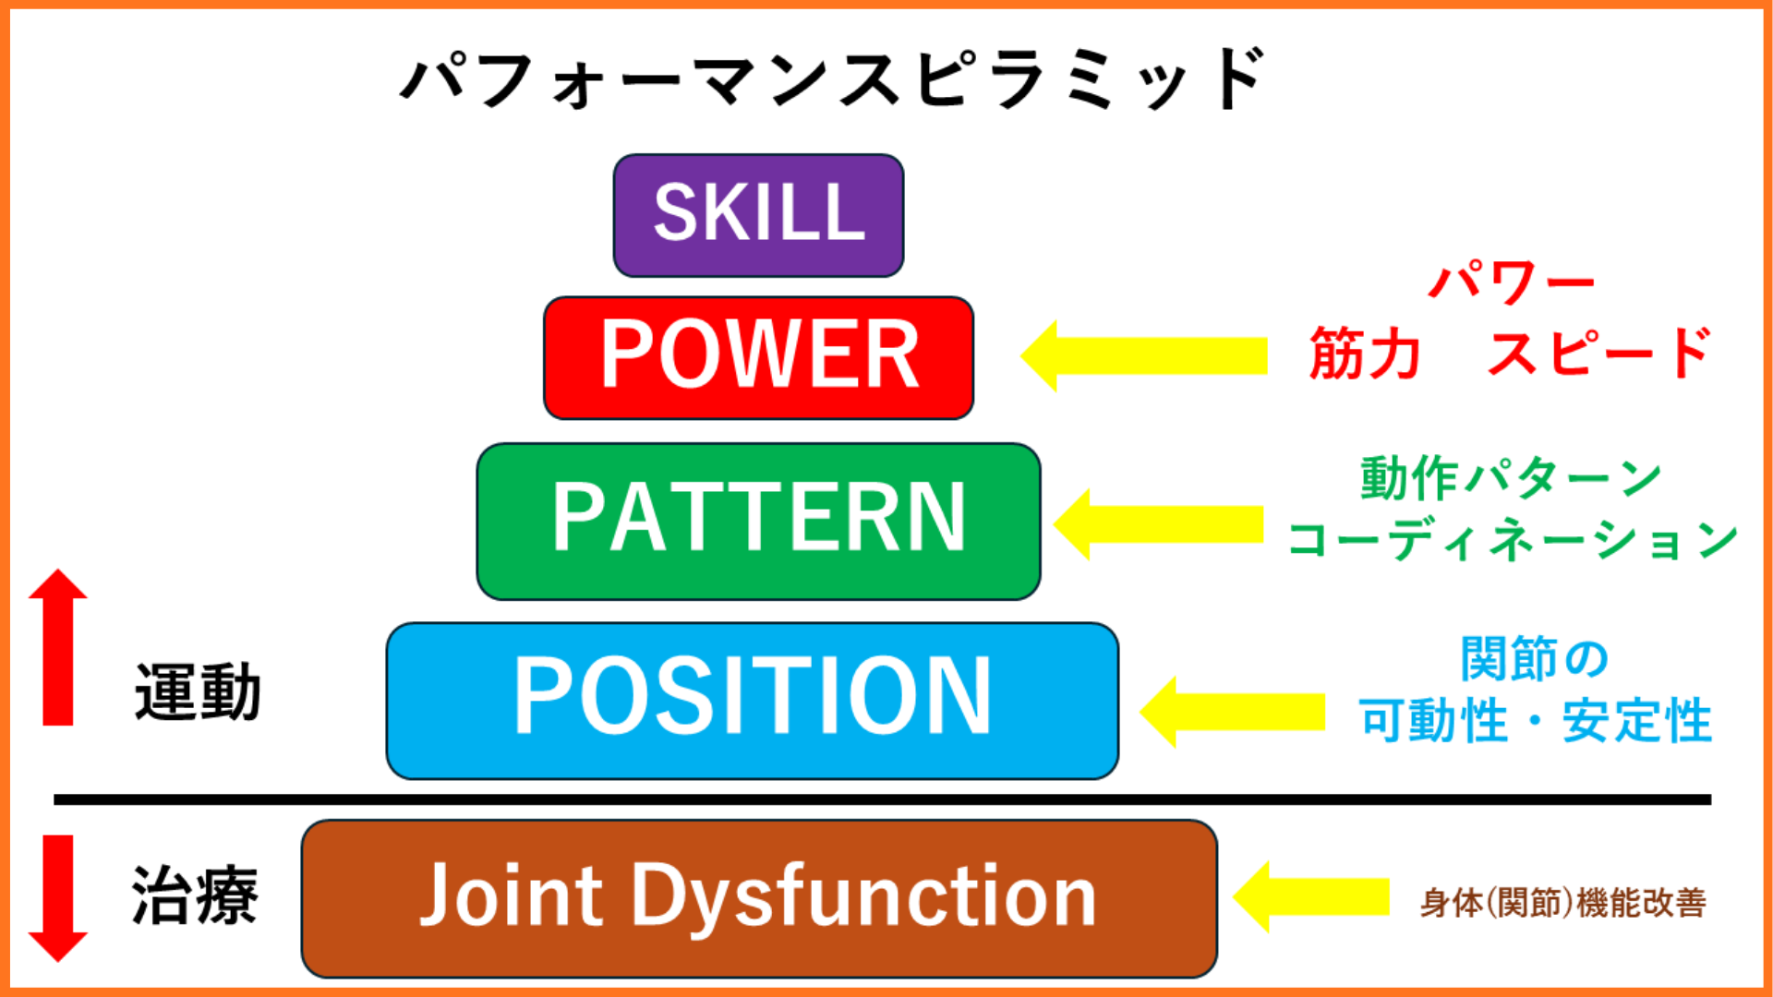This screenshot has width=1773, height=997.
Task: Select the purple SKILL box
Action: pyautogui.click(x=758, y=215)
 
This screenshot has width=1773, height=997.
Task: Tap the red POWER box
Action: pyautogui.click(x=758, y=357)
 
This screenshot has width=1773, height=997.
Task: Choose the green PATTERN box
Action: pyautogui.click(x=758, y=521)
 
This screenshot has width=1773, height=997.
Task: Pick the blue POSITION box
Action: pyautogui.click(x=752, y=701)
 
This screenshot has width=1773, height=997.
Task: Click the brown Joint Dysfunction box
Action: pyautogui.click(x=758, y=898)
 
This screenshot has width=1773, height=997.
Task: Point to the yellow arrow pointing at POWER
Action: pyautogui.click(x=1145, y=356)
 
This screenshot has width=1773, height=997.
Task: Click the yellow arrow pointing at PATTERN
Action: pyautogui.click(x=1159, y=524)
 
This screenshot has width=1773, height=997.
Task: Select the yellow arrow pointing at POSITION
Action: pyautogui.click(x=1233, y=712)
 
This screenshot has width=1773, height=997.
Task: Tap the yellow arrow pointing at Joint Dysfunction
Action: pyautogui.click(x=1311, y=896)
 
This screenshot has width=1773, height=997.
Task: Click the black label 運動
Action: pyautogui.click(x=198, y=692)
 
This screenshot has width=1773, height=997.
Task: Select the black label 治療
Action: pyautogui.click(x=195, y=896)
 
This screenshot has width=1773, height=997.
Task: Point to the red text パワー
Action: pyautogui.click(x=1512, y=282)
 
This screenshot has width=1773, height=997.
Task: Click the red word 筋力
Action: pyautogui.click(x=1365, y=354)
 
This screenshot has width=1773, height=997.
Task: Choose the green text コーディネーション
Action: pyautogui.click(x=1513, y=540)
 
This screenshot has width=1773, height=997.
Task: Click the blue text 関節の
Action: pyautogui.click(x=1535, y=659)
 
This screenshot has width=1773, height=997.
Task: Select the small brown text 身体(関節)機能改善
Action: pyautogui.click(x=1562, y=903)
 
